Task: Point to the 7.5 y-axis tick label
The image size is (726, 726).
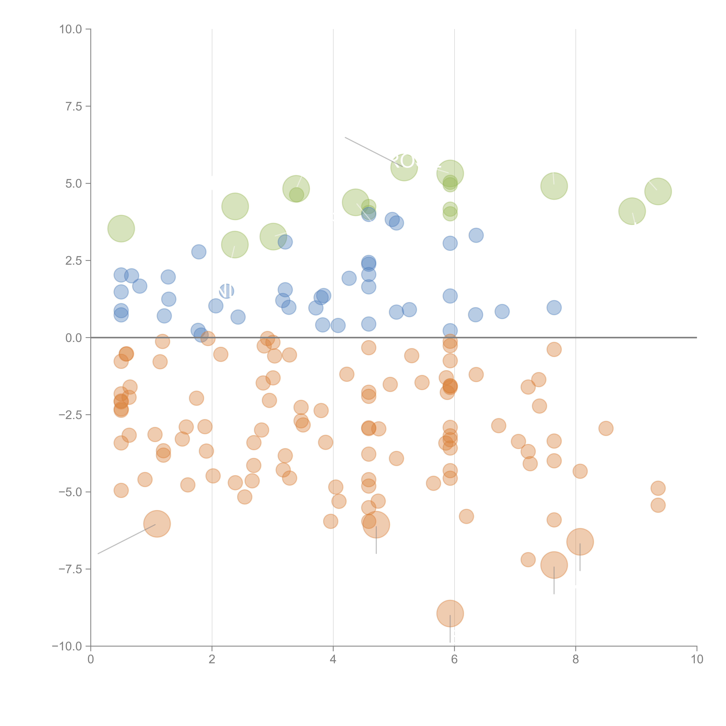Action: (74, 106)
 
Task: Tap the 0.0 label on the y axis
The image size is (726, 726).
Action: (74, 338)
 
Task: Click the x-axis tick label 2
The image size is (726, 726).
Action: (212, 659)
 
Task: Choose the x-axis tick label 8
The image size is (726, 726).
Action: (576, 659)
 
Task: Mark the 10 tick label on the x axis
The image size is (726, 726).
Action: (697, 659)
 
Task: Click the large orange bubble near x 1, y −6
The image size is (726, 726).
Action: (157, 524)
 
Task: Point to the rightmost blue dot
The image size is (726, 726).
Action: (554, 307)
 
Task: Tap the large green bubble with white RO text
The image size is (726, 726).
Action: (404, 167)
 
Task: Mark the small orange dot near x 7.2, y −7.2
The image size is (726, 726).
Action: (528, 560)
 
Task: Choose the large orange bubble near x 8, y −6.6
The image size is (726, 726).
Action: (580, 541)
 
